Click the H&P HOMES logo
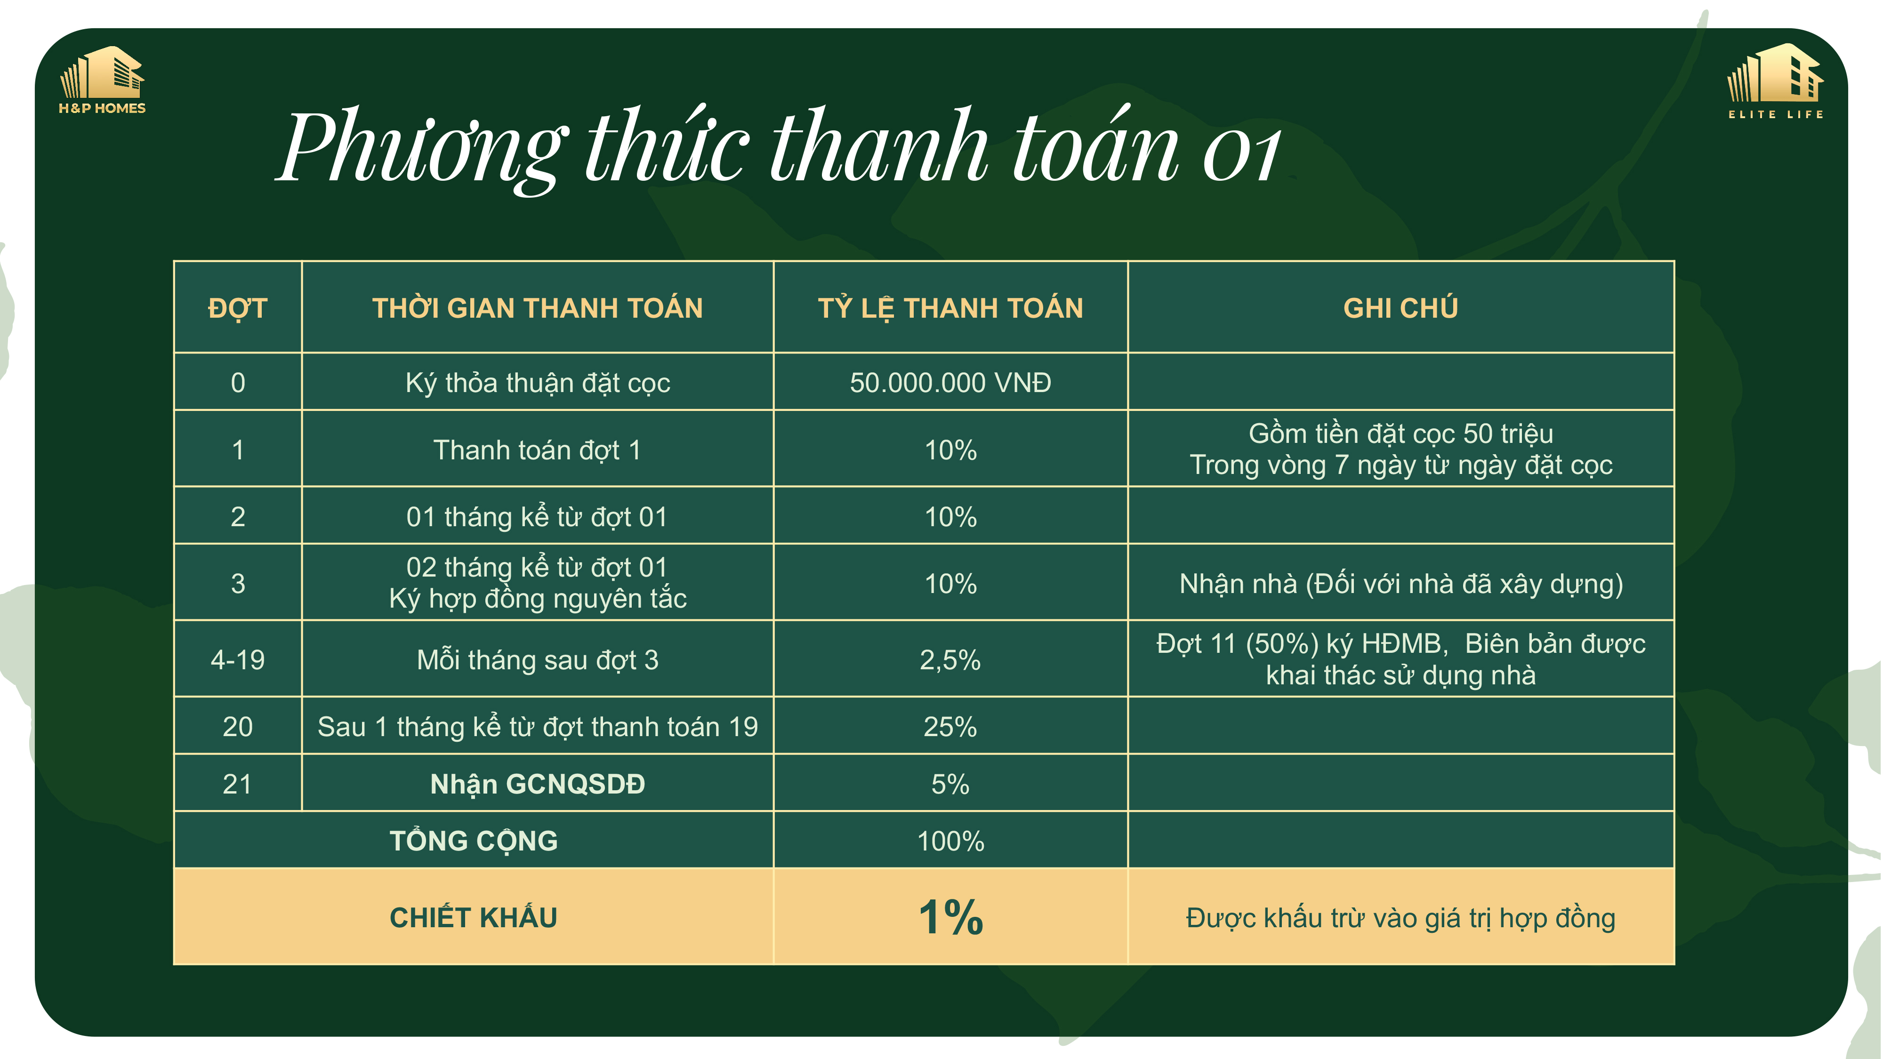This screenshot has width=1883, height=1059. (102, 80)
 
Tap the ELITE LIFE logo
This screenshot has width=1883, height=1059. (1776, 81)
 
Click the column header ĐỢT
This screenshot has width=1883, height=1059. (238, 308)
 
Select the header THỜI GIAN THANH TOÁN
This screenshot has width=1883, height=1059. (537, 308)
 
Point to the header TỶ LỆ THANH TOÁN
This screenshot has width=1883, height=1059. (950, 308)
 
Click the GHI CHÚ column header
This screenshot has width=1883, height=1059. (1400, 308)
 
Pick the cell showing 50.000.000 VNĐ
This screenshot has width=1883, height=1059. (950, 382)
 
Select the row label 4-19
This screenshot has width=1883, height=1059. (238, 660)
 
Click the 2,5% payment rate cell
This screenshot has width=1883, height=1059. (950, 660)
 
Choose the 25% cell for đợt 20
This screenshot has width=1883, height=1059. (950, 726)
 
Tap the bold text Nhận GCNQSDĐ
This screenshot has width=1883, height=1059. (537, 784)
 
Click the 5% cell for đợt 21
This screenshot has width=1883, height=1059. (950, 784)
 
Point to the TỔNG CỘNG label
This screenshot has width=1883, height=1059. (474, 841)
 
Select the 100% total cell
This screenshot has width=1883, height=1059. (950, 841)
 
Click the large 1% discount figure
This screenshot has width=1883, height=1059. (950, 917)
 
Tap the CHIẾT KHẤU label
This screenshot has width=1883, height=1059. (474, 917)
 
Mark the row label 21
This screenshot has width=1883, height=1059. (238, 784)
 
